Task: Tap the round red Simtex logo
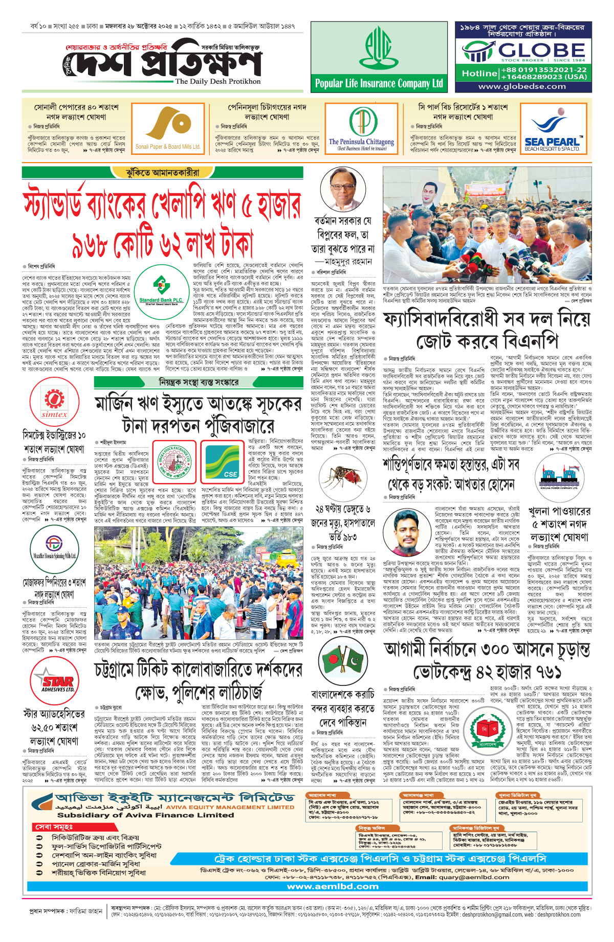[54, 402]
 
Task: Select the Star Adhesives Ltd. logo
[55, 682]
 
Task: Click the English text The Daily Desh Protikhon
[217, 81]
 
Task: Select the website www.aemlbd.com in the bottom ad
[333, 887]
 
